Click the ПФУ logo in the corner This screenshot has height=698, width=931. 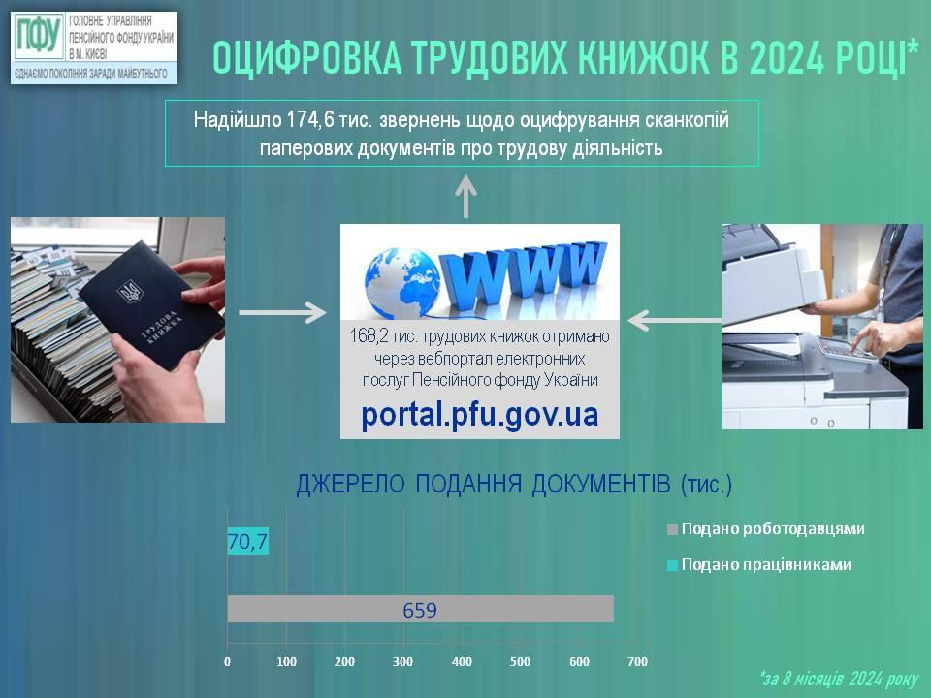39,36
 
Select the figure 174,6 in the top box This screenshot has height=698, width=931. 310,120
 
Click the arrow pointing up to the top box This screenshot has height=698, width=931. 466,197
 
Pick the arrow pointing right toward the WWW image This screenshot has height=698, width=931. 282,313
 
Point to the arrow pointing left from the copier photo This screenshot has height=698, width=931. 675,321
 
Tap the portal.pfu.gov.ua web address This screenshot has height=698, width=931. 480,415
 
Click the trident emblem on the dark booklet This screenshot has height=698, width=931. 129,292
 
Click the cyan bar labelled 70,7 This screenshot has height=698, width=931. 248,541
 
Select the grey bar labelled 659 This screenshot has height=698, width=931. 420,609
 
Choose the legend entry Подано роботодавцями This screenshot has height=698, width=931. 766,529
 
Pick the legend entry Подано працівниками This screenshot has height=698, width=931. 759,564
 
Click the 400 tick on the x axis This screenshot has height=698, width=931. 462,661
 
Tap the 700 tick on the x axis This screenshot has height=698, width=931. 638,661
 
